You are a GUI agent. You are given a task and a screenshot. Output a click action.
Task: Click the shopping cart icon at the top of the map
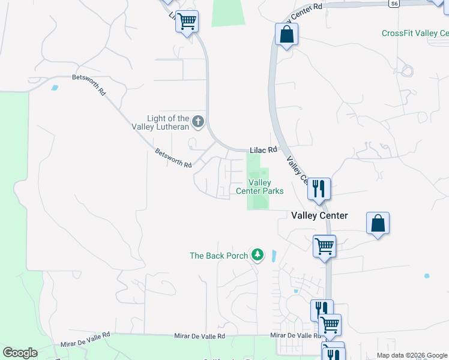(187, 22)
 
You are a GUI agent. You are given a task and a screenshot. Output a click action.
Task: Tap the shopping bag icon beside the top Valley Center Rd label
(286, 34)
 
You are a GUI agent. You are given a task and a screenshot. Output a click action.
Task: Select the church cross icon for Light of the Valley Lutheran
(198, 123)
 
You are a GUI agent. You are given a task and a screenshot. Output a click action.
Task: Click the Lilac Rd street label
(264, 149)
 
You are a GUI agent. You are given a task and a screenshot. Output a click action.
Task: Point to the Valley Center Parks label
(259, 187)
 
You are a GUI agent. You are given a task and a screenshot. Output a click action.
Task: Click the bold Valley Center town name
(319, 215)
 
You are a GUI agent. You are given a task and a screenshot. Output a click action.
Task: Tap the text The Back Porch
(218, 256)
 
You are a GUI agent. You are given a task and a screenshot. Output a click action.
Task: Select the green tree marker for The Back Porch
(258, 255)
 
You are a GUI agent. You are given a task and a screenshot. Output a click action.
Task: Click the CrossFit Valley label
(415, 33)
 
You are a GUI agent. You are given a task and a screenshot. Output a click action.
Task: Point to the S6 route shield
(393, 4)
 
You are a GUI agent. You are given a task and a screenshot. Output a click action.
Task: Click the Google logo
(20, 353)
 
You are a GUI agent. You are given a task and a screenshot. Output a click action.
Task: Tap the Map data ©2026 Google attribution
(412, 355)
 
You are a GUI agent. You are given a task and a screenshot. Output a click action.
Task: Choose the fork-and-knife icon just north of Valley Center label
(319, 190)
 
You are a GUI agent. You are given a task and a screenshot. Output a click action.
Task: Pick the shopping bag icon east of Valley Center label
(378, 223)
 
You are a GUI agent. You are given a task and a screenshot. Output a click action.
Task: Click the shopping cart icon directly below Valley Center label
(324, 245)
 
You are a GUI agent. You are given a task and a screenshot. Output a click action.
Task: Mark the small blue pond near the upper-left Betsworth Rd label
(55, 88)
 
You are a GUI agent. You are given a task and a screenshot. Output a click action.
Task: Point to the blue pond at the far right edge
(427, 276)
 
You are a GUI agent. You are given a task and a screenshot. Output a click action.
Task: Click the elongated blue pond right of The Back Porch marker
(274, 257)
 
